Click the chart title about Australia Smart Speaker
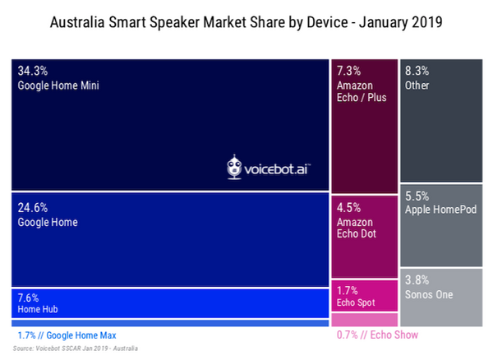pyautogui.click(x=246, y=22)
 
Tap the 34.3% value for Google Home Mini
pyautogui.click(x=33, y=72)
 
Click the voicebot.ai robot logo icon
pyautogui.click(x=236, y=168)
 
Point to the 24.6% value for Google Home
pyautogui.click(x=33, y=208)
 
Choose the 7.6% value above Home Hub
pyautogui.click(x=29, y=298)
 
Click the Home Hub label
pyautogui.click(x=37, y=310)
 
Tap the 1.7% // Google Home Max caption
pyautogui.click(x=67, y=335)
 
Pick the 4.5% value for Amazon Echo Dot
pyautogui.click(x=351, y=208)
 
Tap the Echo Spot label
pyautogui.click(x=356, y=303)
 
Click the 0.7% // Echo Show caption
pyautogui.click(x=377, y=335)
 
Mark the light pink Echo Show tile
pyautogui.click(x=365, y=320)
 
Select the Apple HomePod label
pyautogui.click(x=442, y=210)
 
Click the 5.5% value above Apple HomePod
pyautogui.click(x=418, y=197)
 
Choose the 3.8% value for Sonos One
pyautogui.click(x=418, y=279)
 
